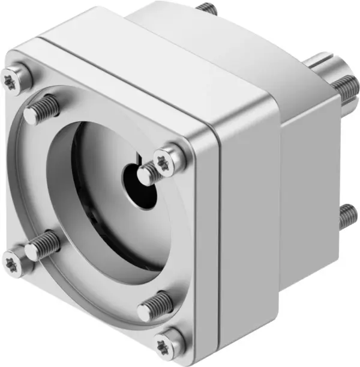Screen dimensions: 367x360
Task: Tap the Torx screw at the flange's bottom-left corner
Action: click(x=14, y=262)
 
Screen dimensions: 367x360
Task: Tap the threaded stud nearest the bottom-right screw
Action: click(x=155, y=306)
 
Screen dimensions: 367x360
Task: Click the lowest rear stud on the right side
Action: click(x=347, y=217)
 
